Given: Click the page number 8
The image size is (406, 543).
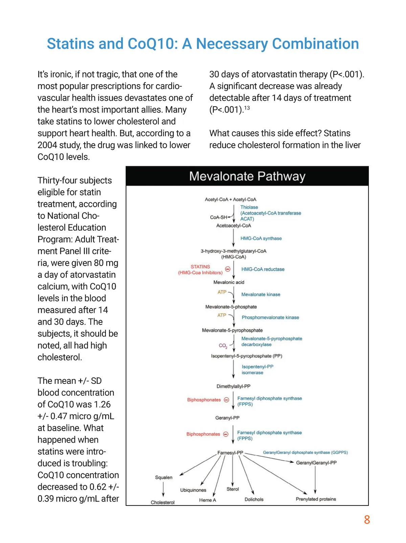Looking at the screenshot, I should click(367, 520).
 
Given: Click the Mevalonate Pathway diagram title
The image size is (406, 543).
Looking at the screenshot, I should click(247, 176).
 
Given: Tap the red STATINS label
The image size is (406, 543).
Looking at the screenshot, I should click(200, 267).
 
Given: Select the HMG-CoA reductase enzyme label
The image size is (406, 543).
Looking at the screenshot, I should click(263, 269).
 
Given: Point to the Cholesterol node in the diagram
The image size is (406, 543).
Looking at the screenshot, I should click(163, 502).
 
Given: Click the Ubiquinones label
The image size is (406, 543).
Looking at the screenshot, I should click(193, 490).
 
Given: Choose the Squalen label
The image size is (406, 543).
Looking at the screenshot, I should click(164, 477).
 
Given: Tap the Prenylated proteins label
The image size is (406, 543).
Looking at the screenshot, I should click(316, 499).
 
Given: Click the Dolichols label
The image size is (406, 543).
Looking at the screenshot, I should click(254, 499).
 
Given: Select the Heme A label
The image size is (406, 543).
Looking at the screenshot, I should click(207, 500).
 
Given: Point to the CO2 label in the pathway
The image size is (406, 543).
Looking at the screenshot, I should click(223, 346).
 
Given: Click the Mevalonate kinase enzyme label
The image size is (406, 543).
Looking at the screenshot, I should click(261, 294).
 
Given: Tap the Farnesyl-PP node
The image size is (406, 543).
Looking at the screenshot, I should click(230, 453).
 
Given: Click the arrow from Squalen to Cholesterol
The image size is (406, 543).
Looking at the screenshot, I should click(163, 489).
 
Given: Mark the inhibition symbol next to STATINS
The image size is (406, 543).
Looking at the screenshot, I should click(228, 269).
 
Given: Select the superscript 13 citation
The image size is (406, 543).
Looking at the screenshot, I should click(247, 108).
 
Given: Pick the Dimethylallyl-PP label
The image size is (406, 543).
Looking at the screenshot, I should click(233, 386).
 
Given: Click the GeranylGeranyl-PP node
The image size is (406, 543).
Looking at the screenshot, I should click(316, 463).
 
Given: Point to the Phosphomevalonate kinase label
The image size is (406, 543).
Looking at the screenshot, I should click(270, 317).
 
